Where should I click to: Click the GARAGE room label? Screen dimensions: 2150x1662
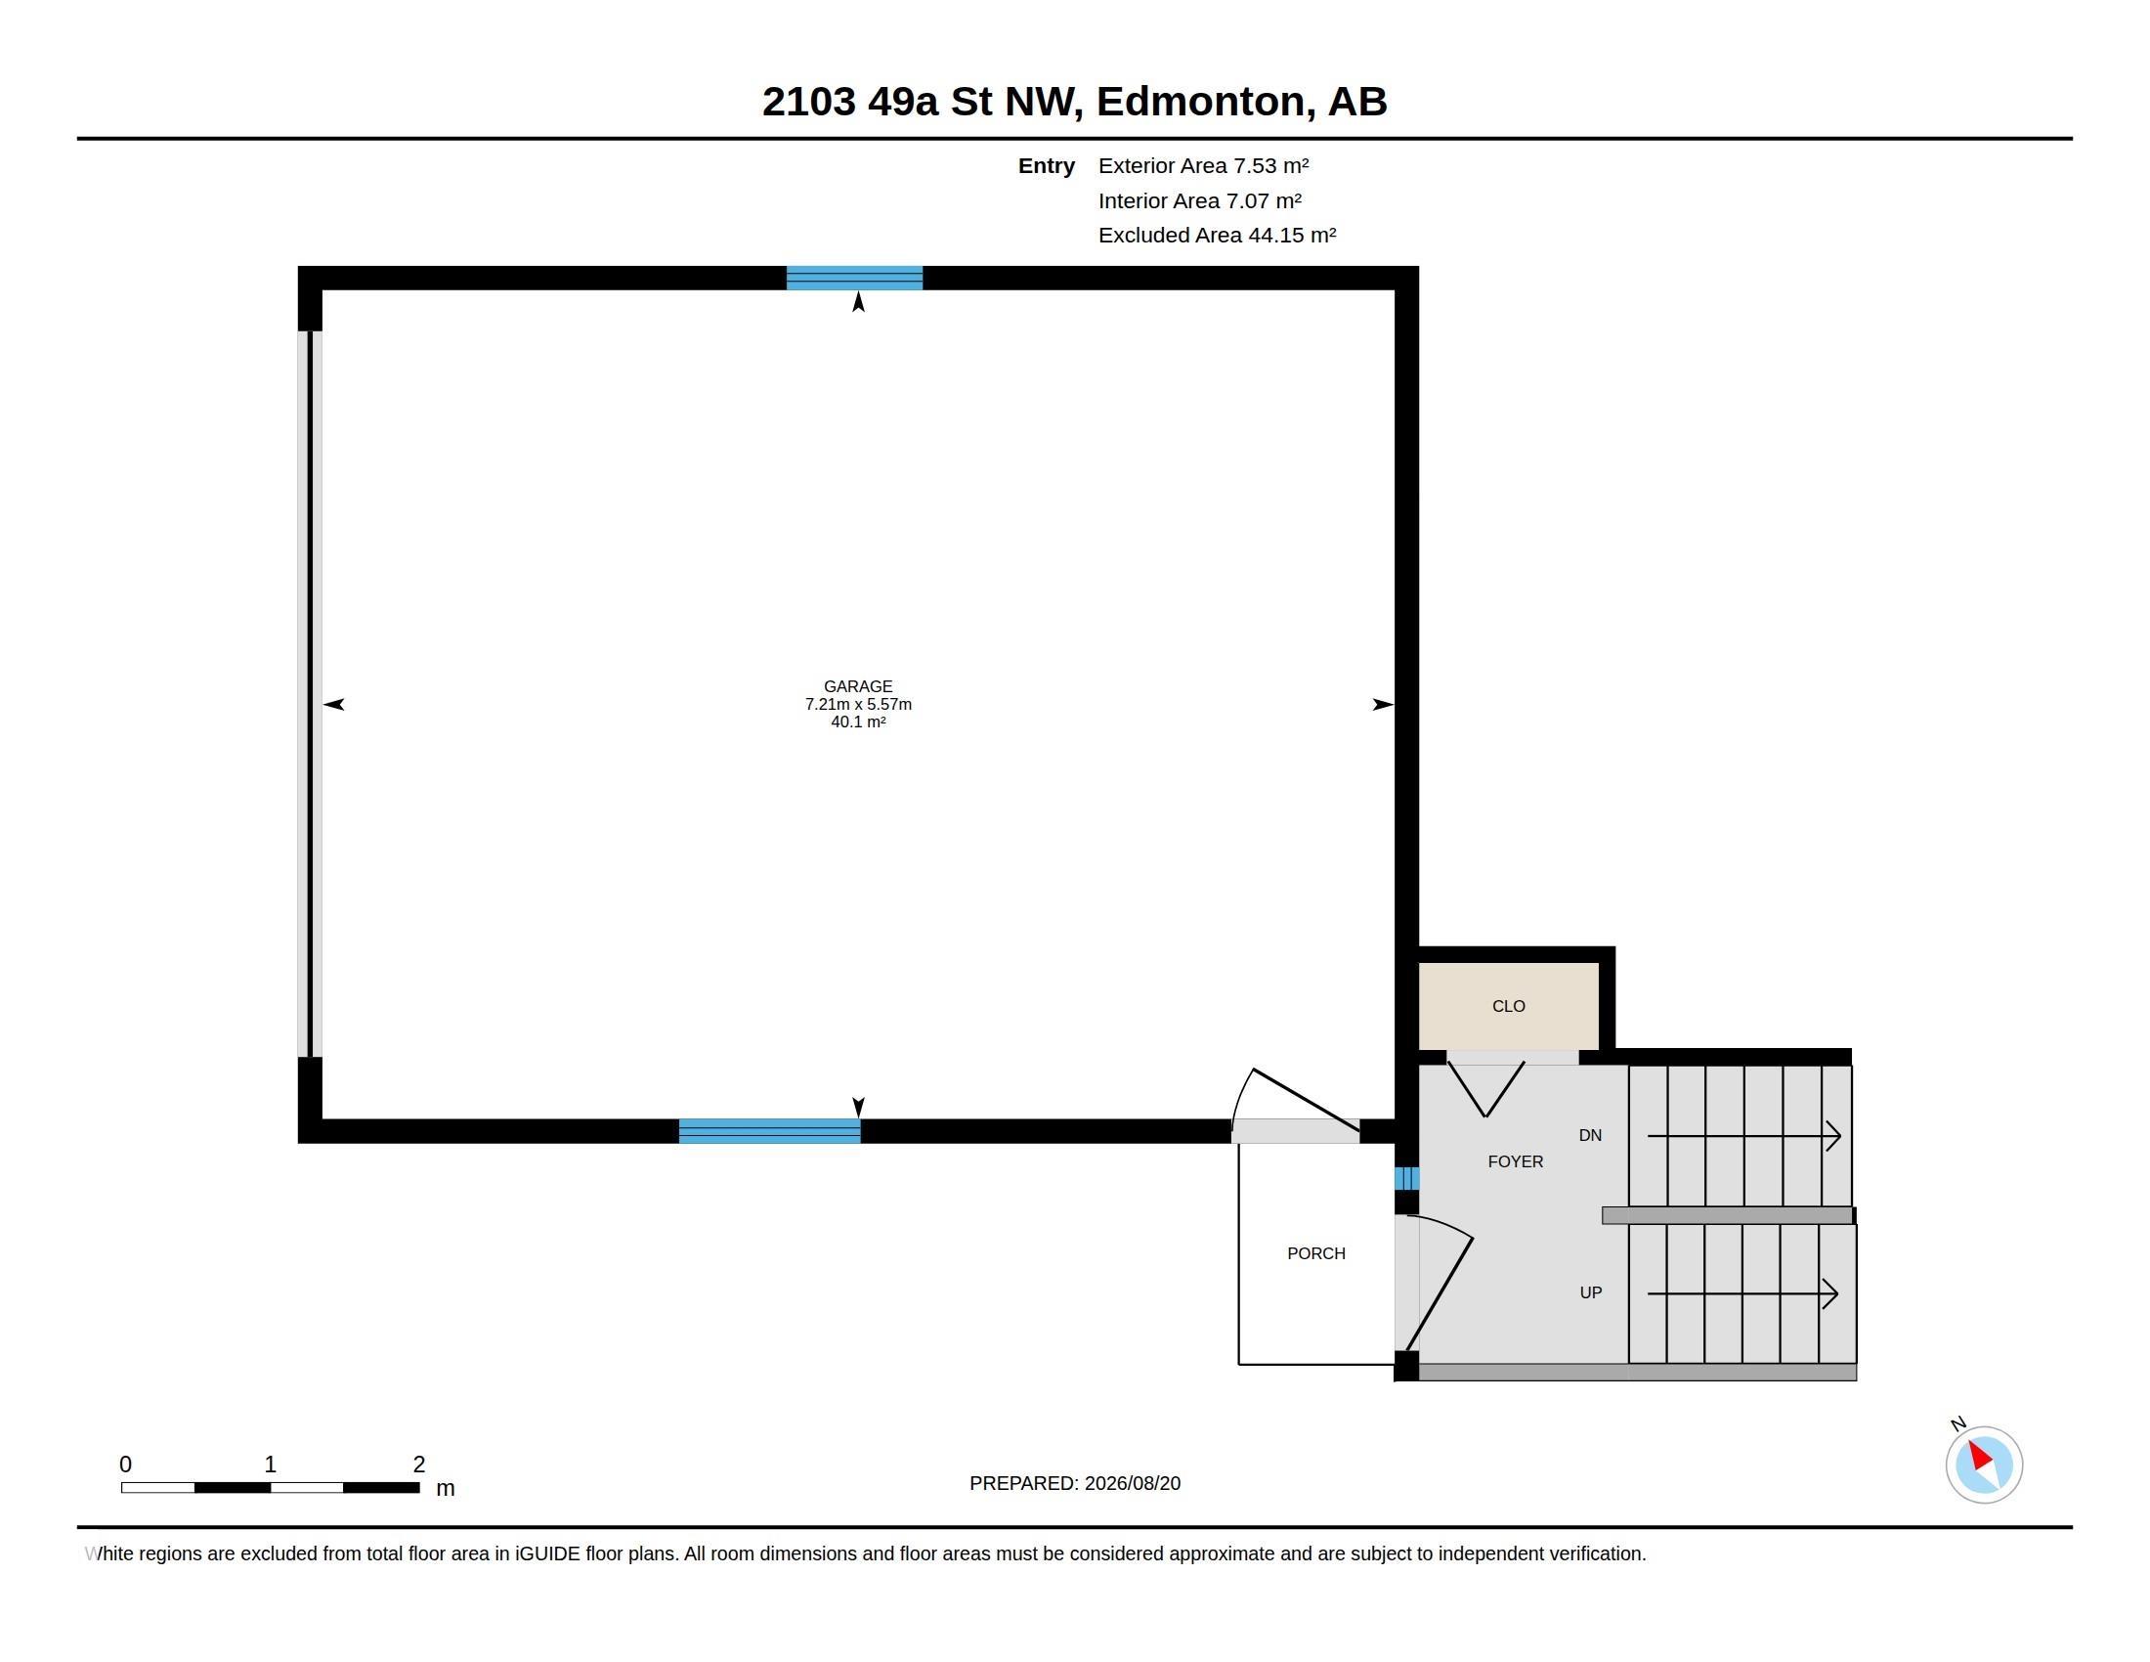pyautogui.click(x=857, y=686)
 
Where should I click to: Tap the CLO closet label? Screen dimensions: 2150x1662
pyautogui.click(x=1508, y=1006)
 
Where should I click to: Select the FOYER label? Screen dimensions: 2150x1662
pyautogui.click(x=1515, y=1161)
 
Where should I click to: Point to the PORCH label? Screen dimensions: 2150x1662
pyautogui.click(x=1316, y=1253)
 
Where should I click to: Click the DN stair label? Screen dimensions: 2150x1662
pyautogui.click(x=1590, y=1135)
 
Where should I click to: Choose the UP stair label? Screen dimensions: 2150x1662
pyautogui.click(x=1591, y=1292)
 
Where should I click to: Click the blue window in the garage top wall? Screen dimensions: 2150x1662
pyautogui.click(x=854, y=278)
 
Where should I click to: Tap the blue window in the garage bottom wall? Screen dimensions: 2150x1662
pyautogui.click(x=770, y=1131)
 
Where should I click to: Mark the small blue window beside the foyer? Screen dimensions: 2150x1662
pyautogui.click(x=1406, y=1179)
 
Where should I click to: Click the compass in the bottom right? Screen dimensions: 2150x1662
pyautogui.click(x=1984, y=1465)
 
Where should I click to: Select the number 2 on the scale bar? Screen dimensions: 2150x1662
pyautogui.click(x=419, y=1465)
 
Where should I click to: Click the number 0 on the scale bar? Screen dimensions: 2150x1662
pyautogui.click(x=125, y=1465)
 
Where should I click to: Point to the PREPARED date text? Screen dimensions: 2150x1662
pyautogui.click(x=1075, y=1483)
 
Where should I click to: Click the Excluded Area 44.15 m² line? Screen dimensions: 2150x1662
pyautogui.click(x=1217, y=236)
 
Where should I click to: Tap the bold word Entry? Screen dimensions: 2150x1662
pyautogui.click(x=1047, y=166)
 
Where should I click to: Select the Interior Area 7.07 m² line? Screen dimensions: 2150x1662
pyautogui.click(x=1200, y=200)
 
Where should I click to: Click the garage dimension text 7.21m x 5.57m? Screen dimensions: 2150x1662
pyautogui.click(x=858, y=704)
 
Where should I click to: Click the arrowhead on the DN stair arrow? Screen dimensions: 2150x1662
pyautogui.click(x=1833, y=1136)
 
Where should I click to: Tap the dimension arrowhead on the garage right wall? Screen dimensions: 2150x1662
pyautogui.click(x=1384, y=704)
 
